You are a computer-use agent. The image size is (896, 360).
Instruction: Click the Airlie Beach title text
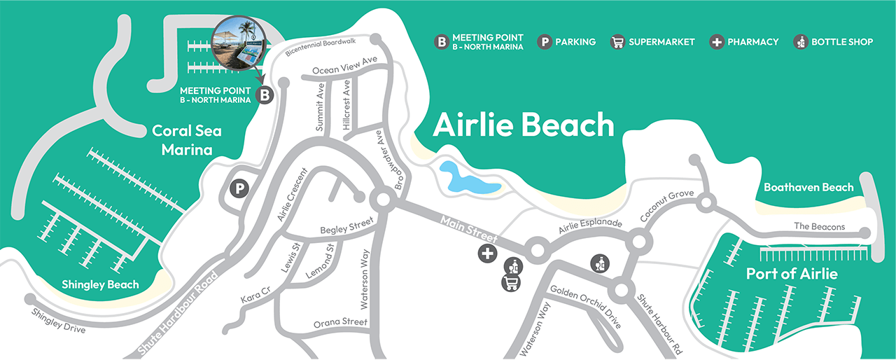[x=523, y=125]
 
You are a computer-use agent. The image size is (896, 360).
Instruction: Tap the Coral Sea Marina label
[x=182, y=140]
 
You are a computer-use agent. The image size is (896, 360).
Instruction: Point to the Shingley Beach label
[x=100, y=284]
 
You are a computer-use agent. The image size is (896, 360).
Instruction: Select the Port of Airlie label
[x=792, y=273]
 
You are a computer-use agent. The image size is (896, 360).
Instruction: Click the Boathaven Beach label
[x=808, y=187]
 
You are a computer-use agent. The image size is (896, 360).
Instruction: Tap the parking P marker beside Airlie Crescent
[x=240, y=188]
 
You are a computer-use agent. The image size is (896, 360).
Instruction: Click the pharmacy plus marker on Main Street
[x=487, y=254]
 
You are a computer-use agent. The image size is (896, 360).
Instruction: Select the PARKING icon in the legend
[x=545, y=42]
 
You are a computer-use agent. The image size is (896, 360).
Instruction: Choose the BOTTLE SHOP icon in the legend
[x=801, y=42]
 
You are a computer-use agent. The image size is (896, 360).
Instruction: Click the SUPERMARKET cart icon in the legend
[x=617, y=42]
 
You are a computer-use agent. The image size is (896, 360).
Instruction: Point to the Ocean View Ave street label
[x=344, y=65]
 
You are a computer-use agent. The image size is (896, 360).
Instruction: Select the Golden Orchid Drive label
[x=586, y=307]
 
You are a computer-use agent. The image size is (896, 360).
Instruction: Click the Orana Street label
[x=340, y=322]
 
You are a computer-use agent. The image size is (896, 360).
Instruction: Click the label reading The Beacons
[x=819, y=227]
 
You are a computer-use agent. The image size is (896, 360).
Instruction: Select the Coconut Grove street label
[x=666, y=207]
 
